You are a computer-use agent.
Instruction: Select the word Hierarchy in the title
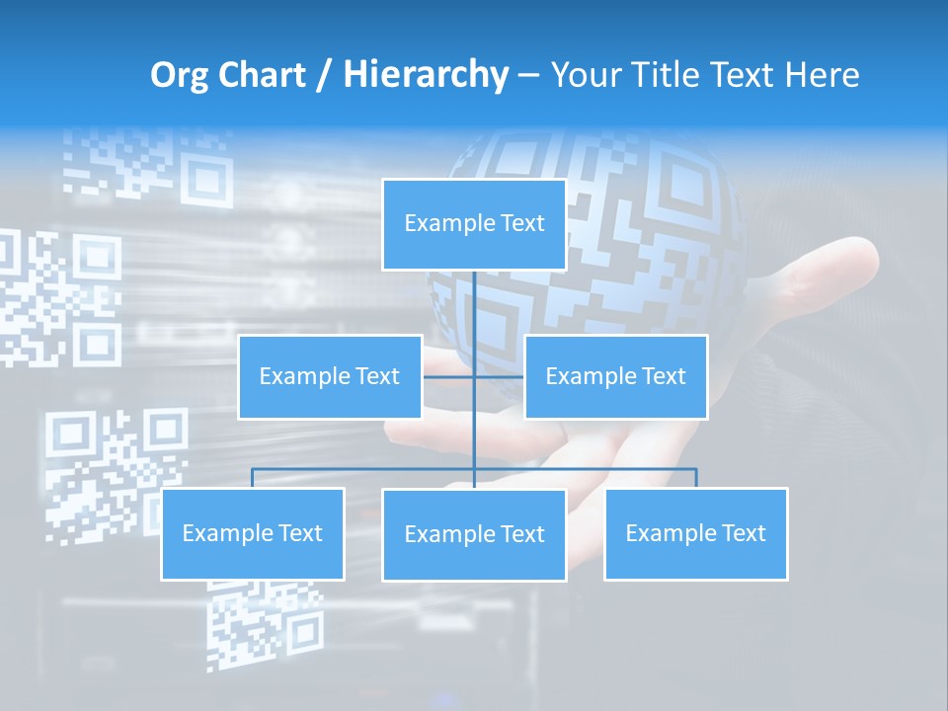pyautogui.click(x=426, y=75)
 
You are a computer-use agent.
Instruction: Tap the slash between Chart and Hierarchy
pyautogui.click(x=324, y=75)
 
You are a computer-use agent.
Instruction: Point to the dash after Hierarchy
pyautogui.click(x=528, y=76)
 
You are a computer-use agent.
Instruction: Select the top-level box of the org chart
pyautogui.click(x=474, y=224)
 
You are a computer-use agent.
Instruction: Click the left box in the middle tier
pyautogui.click(x=330, y=376)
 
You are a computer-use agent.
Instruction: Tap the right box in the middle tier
pyautogui.click(x=615, y=376)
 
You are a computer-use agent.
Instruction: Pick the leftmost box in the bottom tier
pyautogui.click(x=253, y=533)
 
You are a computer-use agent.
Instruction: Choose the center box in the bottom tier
pyautogui.click(x=474, y=534)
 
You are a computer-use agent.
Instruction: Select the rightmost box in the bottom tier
pyautogui.click(x=695, y=533)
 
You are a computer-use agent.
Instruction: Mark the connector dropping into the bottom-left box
pyautogui.click(x=253, y=478)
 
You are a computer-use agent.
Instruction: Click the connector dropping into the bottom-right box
pyautogui.click(x=695, y=478)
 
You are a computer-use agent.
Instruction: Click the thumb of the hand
pyautogui.click(x=839, y=262)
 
